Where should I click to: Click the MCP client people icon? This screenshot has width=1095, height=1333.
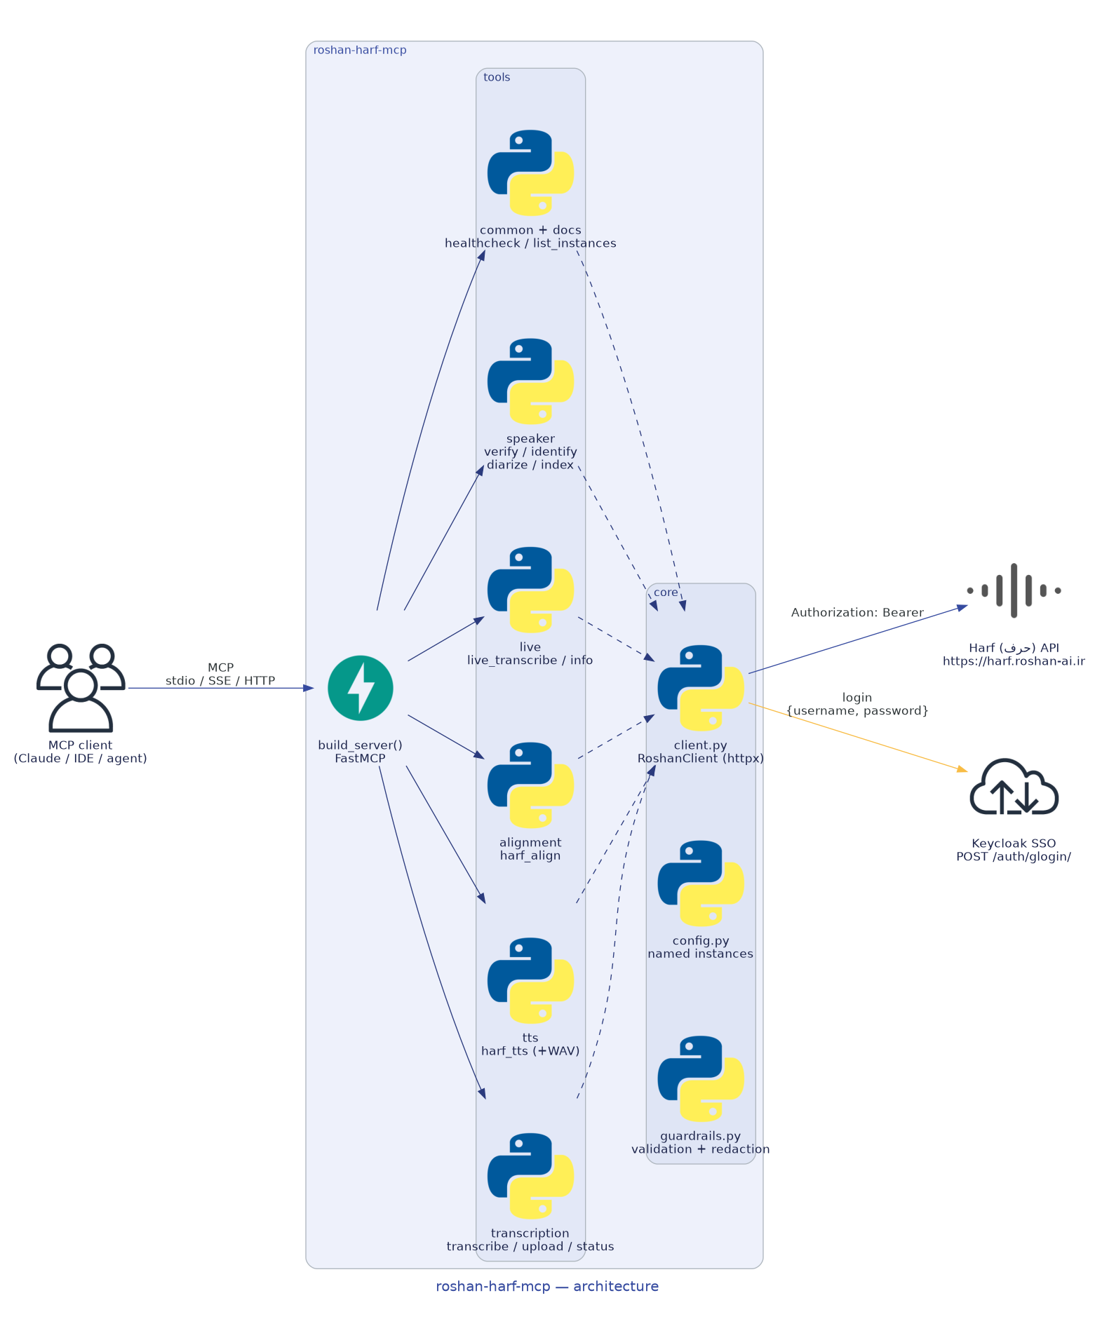coord(81,687)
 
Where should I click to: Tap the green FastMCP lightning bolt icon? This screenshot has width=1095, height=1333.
coord(360,688)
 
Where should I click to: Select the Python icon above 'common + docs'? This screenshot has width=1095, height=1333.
coord(530,172)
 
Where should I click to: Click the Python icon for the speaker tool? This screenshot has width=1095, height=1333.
coord(530,381)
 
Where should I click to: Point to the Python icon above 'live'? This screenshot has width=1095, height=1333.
coord(530,590)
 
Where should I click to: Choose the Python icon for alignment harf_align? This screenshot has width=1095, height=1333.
coord(530,785)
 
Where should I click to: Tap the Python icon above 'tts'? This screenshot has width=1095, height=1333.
coord(530,980)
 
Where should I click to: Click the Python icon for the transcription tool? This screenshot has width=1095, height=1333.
coord(530,1176)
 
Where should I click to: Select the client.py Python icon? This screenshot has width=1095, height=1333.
coord(701,688)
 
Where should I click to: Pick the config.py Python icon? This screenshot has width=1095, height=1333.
coord(701,884)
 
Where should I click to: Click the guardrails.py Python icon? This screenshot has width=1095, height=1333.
coord(701,1078)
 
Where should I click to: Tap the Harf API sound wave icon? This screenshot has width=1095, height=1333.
coord(1014,590)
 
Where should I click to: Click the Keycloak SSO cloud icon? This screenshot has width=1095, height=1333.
coord(1014,786)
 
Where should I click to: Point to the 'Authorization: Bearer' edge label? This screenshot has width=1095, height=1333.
coord(857,612)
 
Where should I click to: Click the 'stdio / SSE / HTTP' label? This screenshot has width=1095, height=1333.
coord(220,680)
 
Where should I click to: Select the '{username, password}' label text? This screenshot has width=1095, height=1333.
coord(857,710)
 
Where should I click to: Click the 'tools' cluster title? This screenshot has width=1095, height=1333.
coord(497,77)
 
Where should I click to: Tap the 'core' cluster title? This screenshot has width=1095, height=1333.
coord(666,593)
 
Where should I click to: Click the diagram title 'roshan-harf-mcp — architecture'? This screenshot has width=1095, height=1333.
coord(547,1286)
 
